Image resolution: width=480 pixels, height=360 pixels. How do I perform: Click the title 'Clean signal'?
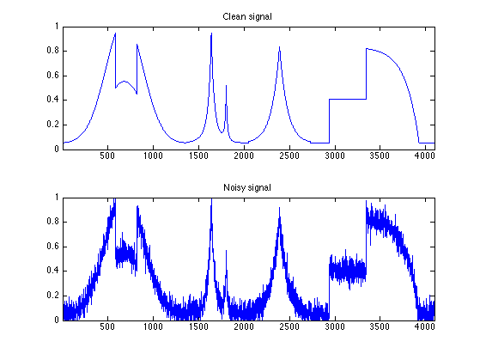pos(247,16)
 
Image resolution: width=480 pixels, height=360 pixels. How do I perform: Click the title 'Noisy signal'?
pos(247,187)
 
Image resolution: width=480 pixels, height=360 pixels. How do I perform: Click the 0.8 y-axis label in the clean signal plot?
pos(52,51)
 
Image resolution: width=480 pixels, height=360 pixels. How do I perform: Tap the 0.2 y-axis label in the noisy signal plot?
pos(52,296)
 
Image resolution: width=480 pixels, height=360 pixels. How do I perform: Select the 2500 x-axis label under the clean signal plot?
pos(289,156)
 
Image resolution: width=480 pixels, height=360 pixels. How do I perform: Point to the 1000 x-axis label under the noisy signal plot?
pos(153,326)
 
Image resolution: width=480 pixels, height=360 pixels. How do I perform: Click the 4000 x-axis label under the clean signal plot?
pos(424,156)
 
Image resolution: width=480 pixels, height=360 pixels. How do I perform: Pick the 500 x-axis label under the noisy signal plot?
pos(107,326)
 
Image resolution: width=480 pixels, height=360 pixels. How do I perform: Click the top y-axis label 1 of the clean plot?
pos(57,27)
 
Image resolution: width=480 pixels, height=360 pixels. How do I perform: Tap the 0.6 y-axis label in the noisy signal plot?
pos(52,247)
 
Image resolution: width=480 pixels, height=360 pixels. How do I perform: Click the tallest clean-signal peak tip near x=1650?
pos(211,34)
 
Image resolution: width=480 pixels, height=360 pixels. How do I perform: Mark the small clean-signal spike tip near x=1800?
pos(226,85)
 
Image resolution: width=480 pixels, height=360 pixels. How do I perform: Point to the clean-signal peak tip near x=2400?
pos(279,47)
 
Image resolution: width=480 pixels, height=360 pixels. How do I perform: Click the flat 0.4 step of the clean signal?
pos(348,100)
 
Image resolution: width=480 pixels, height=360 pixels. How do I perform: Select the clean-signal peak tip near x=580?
pos(115,33)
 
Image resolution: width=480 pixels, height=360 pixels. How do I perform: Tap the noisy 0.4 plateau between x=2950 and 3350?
pos(348,271)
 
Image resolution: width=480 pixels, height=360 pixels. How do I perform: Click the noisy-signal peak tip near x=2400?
pos(279,208)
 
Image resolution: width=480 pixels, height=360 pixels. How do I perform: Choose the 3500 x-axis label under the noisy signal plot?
pos(380,326)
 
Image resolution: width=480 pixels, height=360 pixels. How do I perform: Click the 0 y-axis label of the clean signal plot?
pos(57,149)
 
